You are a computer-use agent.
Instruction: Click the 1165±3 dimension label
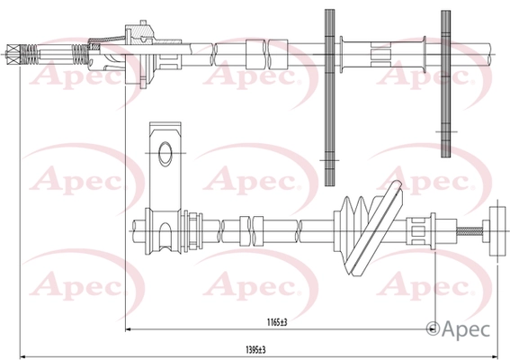(277, 322)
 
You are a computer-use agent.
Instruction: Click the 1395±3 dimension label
(255, 350)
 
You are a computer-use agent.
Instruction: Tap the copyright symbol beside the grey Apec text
(433, 329)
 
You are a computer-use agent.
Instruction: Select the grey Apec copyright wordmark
(458, 329)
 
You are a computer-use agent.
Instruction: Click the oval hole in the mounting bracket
(166, 154)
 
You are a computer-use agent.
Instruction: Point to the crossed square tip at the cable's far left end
(13, 54)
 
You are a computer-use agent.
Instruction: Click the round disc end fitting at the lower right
(497, 231)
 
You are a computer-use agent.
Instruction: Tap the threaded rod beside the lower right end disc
(470, 231)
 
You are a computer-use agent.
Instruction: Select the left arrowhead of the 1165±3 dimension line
(128, 329)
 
